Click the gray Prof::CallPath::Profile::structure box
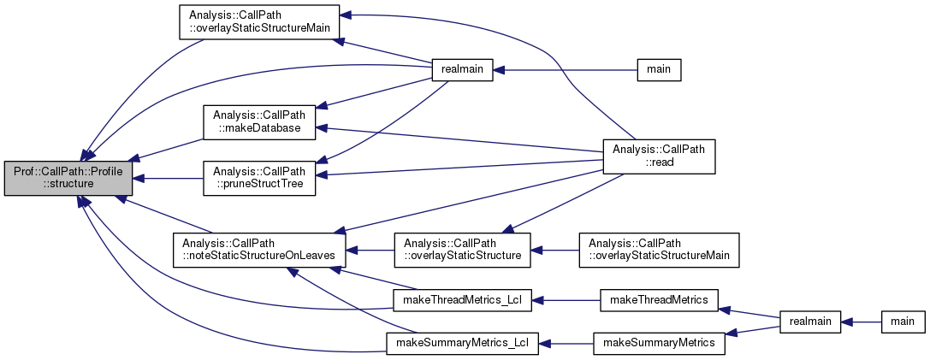68,179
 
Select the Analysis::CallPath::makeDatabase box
258,122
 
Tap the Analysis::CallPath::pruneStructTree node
258,179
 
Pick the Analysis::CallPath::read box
659,156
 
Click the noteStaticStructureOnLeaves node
258,248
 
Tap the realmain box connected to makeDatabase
462,70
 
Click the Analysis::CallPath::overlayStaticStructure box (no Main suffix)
462,250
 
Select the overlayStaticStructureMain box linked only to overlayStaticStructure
659,250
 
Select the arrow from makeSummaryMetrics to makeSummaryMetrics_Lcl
568,343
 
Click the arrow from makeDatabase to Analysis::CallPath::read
462,139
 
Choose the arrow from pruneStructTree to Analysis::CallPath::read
462,166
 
